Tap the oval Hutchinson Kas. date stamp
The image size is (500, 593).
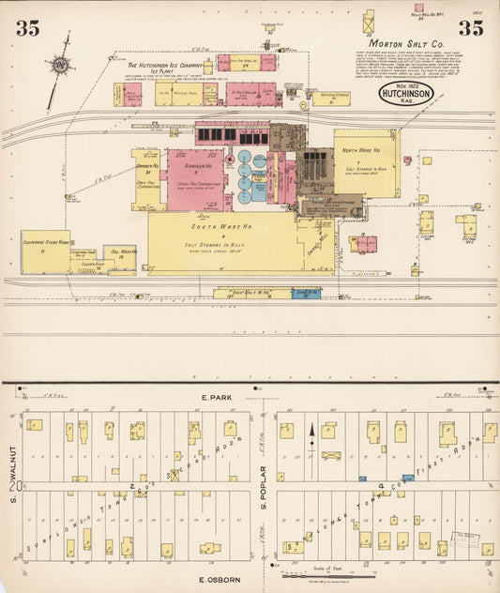[405, 93]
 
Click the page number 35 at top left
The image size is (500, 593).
[28, 28]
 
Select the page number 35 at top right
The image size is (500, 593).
[471, 28]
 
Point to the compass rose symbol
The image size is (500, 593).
[61, 65]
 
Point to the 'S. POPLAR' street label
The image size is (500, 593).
[265, 488]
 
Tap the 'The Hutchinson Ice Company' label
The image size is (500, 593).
[164, 65]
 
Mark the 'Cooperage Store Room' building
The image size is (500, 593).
[45, 251]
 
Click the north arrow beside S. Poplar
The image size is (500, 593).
[313, 439]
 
